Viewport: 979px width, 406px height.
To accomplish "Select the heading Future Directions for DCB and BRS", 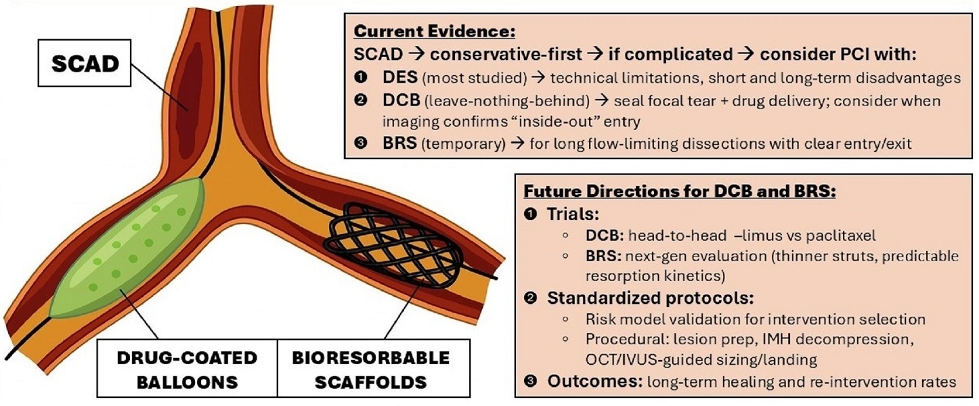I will [x=684, y=191].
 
